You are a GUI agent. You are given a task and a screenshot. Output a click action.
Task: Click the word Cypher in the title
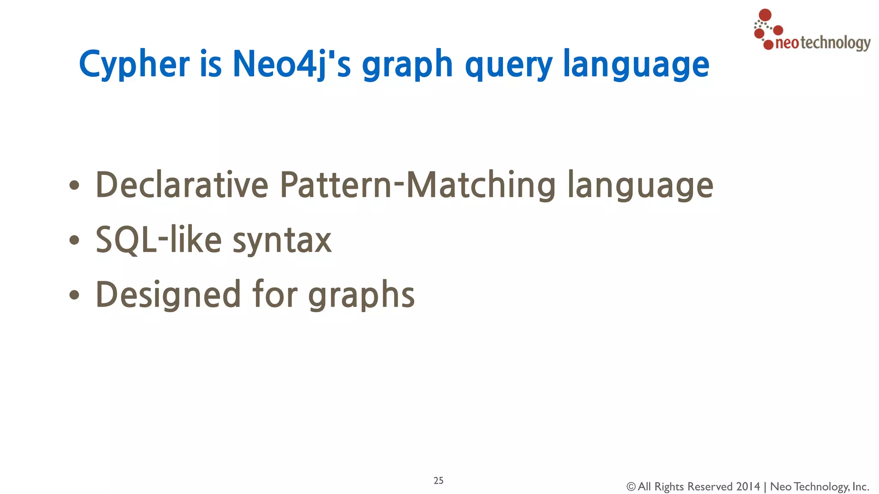tap(134, 64)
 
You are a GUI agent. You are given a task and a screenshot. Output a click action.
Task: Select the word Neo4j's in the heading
tap(291, 64)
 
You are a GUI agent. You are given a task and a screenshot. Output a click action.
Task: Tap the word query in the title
tap(509, 65)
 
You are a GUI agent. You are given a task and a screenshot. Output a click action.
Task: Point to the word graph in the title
tap(407, 65)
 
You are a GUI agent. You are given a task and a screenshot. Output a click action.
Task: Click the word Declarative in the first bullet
tap(182, 185)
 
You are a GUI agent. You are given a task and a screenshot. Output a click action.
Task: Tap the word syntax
tap(282, 241)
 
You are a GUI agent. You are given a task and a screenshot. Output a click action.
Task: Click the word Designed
tap(168, 295)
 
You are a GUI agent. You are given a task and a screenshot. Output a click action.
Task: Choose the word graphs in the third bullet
tap(361, 295)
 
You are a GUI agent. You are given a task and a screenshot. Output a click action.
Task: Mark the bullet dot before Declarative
tap(74, 185)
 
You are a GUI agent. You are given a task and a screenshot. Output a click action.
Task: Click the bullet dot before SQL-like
tap(74, 240)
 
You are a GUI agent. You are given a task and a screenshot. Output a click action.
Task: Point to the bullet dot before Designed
tap(74, 295)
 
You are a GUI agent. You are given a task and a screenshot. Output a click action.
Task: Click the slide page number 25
tap(438, 481)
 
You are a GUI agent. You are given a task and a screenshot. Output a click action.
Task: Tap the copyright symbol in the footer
tap(630, 487)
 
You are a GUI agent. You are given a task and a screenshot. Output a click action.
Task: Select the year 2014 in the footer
tap(748, 487)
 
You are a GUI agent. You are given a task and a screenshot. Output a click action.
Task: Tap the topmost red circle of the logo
tap(765, 15)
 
